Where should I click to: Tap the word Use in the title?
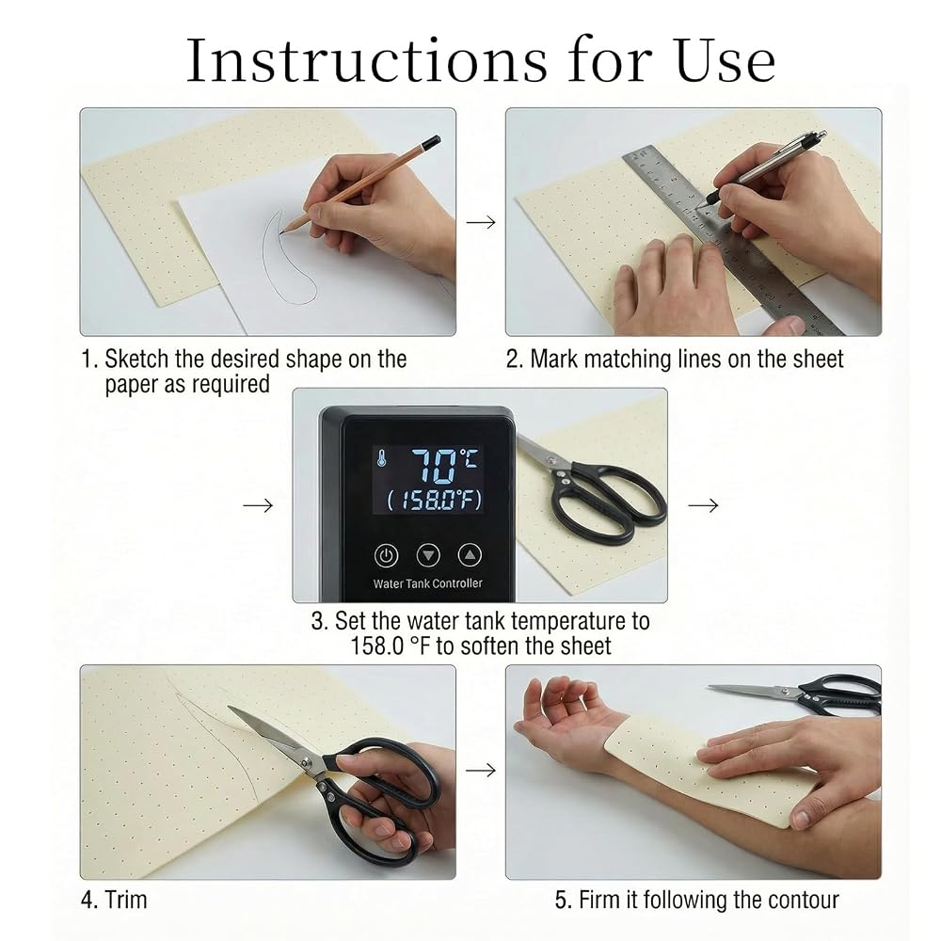coord(725,60)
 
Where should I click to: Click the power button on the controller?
coord(386,555)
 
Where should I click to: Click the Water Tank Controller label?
coord(427,583)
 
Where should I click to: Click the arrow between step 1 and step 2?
coord(481,222)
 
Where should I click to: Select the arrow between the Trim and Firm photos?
coord(481,770)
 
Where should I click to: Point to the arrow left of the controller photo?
coord(258,505)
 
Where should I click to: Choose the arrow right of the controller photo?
coord(703,505)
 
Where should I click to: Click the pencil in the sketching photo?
coord(360,184)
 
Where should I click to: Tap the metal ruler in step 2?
coord(732,240)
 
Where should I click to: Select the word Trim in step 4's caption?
coord(125,900)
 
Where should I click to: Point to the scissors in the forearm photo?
coord(795,694)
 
